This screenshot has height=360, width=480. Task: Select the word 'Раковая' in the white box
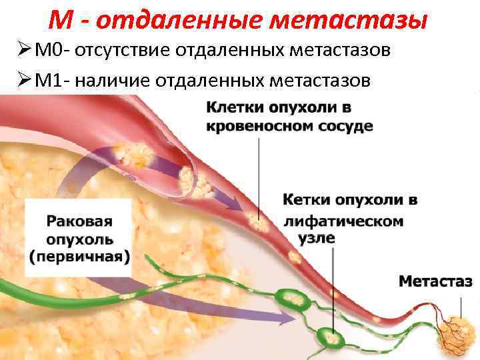click(79, 221)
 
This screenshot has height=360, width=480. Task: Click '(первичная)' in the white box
click(79, 256)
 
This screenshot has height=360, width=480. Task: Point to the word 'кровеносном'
click(256, 126)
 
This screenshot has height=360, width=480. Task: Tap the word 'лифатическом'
click(343, 221)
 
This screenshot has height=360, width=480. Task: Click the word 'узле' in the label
click(315, 238)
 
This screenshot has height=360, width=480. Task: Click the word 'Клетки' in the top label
click(236, 107)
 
